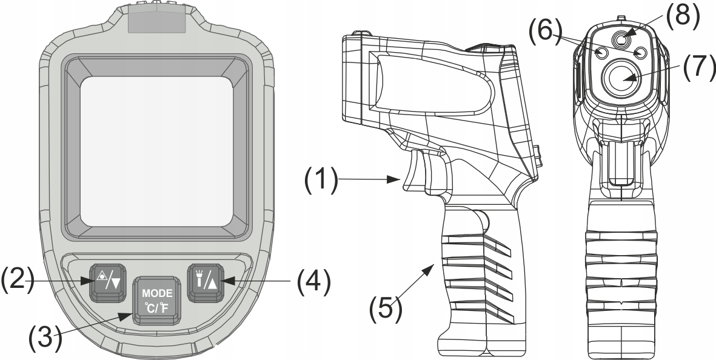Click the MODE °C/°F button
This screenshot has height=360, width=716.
tap(156, 300)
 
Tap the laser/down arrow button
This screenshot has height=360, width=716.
tap(109, 282)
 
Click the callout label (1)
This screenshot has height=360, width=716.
tap(321, 180)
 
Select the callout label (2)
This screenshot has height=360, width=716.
tap(18, 280)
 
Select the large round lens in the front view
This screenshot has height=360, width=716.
tap(621, 77)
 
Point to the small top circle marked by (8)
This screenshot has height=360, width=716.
tap(621, 40)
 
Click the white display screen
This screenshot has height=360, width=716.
tap(157, 151)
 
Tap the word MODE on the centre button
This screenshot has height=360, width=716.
tap(157, 293)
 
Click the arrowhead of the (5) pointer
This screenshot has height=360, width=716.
tap(428, 269)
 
